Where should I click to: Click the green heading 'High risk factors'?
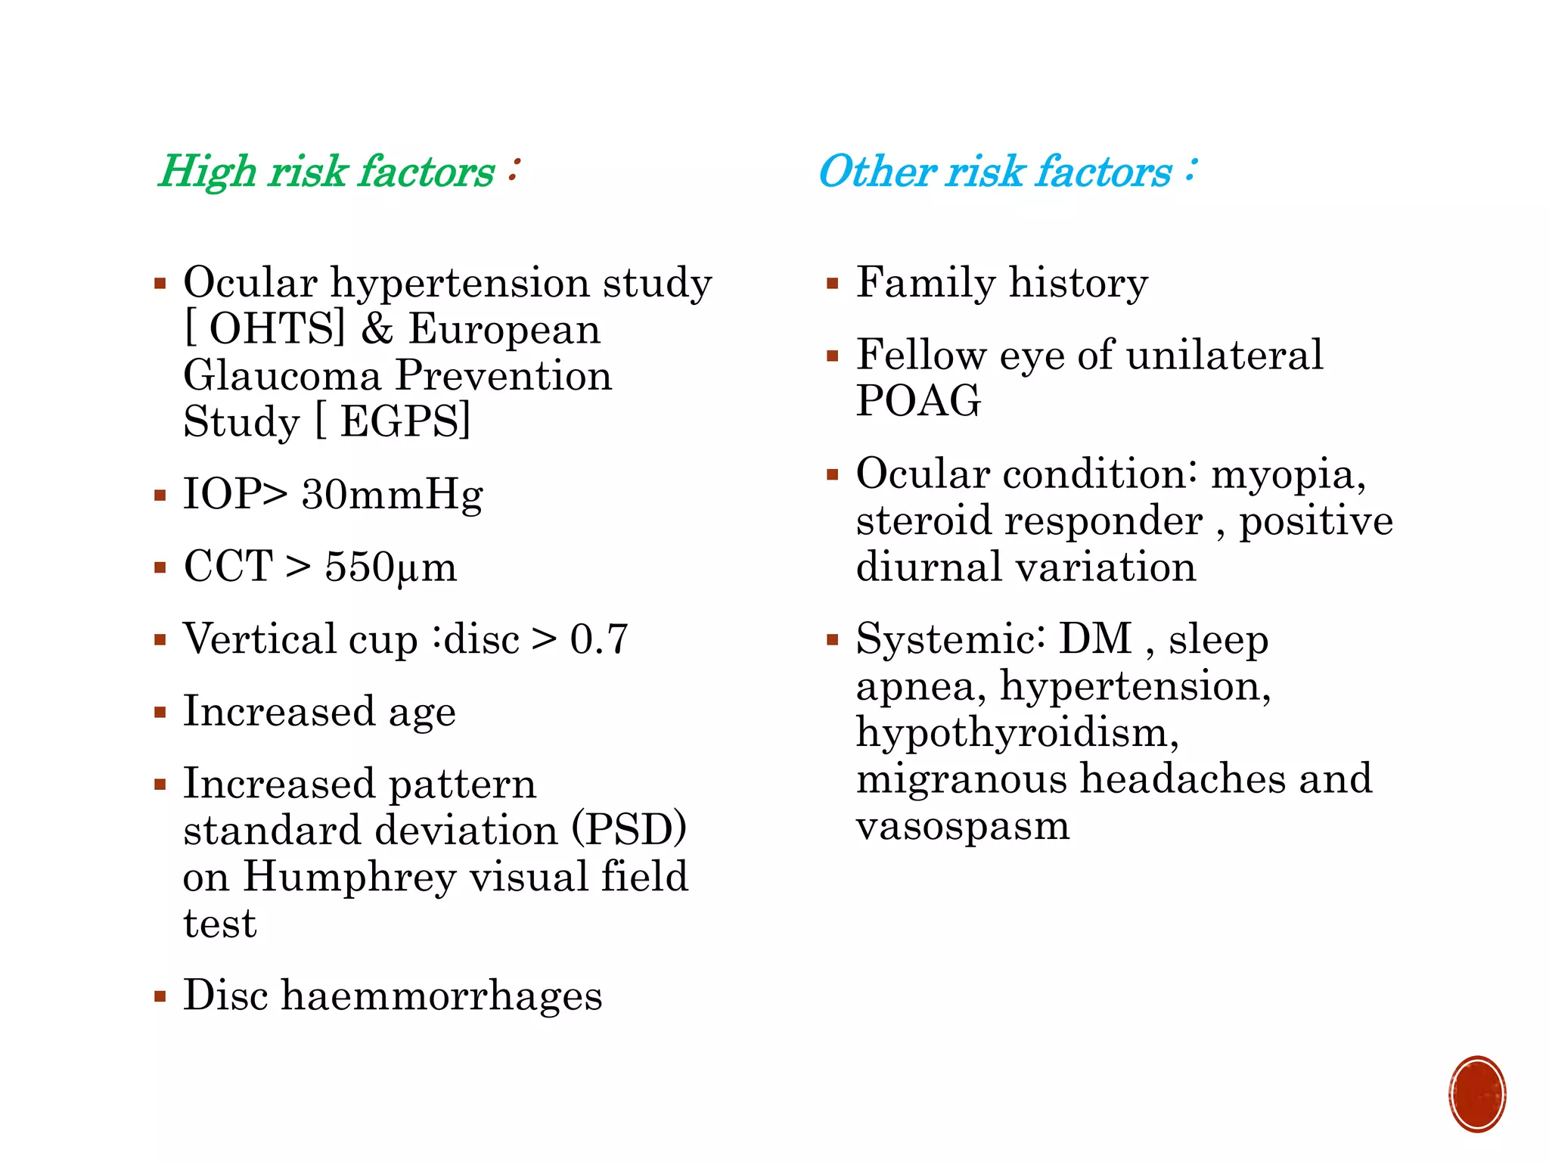(327, 172)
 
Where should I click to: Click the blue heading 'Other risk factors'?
(995, 172)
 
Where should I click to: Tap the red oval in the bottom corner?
(1476, 1094)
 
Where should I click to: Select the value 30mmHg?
(392, 496)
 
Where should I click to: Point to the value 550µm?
(390, 567)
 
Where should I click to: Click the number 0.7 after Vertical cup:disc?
(599, 640)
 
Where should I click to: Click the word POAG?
(918, 401)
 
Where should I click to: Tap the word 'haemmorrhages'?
(442, 996)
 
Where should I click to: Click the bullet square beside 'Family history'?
(833, 285)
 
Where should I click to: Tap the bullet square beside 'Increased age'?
(160, 713)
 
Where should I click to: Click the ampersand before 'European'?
(377, 330)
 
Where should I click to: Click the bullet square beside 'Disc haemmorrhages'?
(160, 996)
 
